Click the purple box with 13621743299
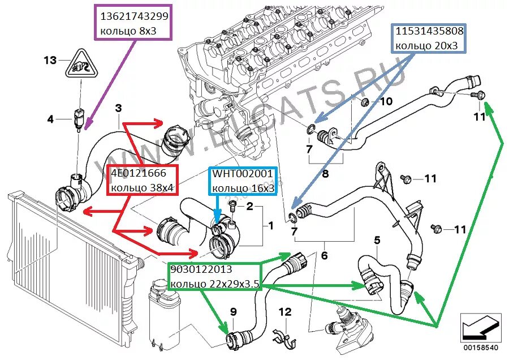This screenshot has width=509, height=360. pos(134,23)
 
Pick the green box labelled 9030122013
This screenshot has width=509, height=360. pos(214,277)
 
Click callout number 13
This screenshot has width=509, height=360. pos(50,60)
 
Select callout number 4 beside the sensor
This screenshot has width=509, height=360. pos(50,119)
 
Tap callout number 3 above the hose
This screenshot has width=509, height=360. pos(118,108)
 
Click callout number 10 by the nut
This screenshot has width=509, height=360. pos(385,102)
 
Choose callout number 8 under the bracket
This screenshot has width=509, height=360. pos(325,174)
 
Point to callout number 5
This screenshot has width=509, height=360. pos(377,240)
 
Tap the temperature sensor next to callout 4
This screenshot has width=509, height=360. pos(77,118)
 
